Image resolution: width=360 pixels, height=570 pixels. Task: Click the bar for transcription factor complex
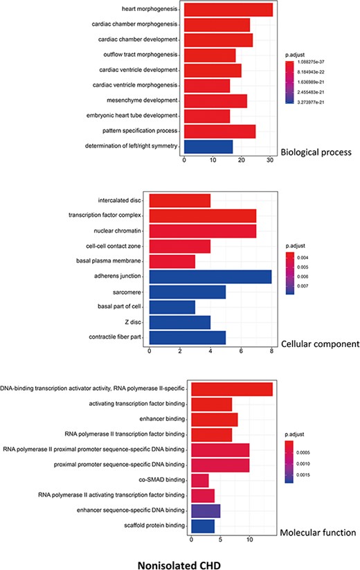[203, 215]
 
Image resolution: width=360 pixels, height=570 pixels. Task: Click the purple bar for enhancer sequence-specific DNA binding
[205, 512]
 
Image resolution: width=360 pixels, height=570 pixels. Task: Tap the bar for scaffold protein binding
[202, 527]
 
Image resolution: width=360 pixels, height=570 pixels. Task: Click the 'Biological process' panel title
[314, 150]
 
